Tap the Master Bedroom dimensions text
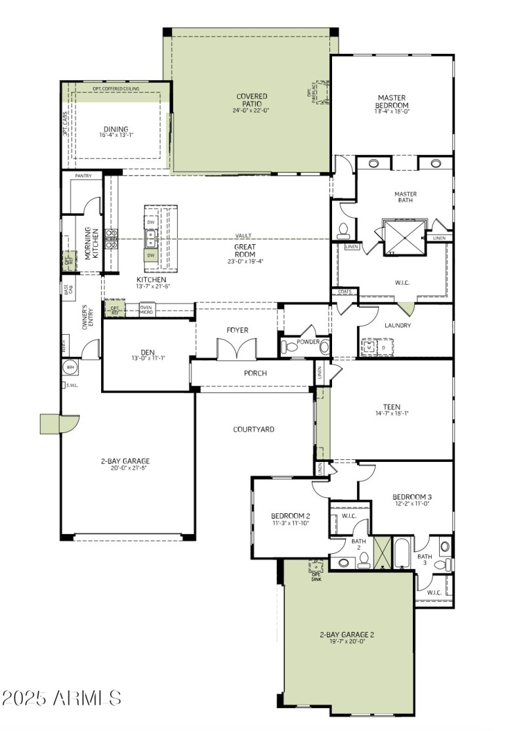click(392, 112)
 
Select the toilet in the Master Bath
click(343, 230)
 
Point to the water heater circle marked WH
click(70, 367)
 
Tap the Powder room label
click(308, 342)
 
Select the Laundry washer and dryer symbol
click(377, 346)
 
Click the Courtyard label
click(253, 429)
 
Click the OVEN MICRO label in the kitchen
click(146, 309)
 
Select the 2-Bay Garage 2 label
click(346, 635)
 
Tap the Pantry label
click(83, 176)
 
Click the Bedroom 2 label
click(291, 516)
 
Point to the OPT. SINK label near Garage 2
click(318, 574)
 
